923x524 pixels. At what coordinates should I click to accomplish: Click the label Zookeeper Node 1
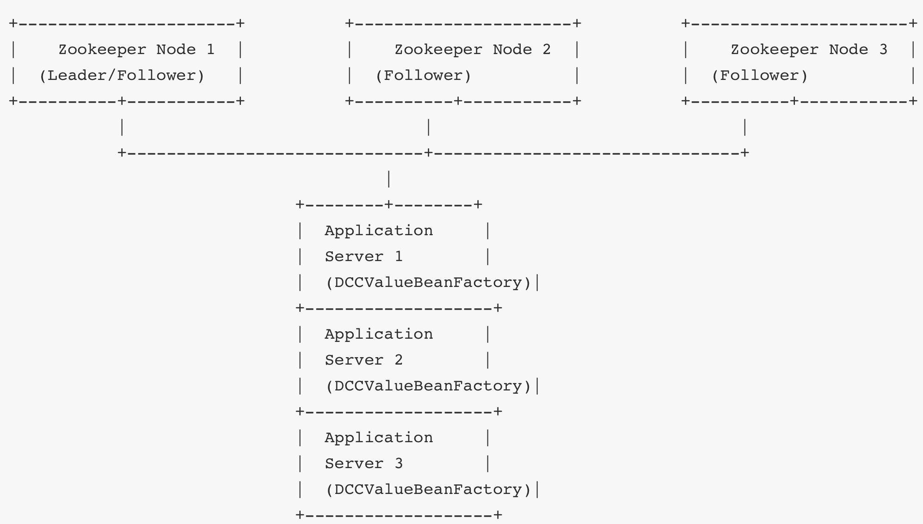(136, 49)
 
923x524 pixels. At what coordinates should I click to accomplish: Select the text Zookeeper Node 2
(472, 49)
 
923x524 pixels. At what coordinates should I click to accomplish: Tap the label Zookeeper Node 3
(808, 49)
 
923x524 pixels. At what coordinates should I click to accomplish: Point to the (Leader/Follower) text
(122, 75)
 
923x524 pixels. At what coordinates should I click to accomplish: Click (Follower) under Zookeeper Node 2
(423, 75)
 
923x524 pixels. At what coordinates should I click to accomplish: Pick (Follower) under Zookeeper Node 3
(759, 75)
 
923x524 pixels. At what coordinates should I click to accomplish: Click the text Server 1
(363, 256)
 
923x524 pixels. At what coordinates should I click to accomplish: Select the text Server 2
(363, 360)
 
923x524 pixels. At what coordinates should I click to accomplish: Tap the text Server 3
(363, 463)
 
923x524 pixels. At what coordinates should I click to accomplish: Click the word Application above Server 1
(379, 231)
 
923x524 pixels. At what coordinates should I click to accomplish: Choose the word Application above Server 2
(379, 334)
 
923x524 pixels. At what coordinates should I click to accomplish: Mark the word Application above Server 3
(379, 438)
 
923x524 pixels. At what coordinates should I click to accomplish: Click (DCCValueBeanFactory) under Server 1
(429, 282)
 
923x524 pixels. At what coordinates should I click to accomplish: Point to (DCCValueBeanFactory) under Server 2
(429, 386)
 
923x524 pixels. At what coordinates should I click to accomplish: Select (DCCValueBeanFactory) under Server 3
(429, 489)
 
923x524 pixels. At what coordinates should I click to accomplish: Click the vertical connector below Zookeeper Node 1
(122, 127)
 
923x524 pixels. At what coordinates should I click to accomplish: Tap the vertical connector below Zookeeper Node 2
(429, 127)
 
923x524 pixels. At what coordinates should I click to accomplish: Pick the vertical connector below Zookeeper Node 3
(745, 127)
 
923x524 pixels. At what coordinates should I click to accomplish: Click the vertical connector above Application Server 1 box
(389, 179)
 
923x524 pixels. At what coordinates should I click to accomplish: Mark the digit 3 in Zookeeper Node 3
(883, 49)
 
